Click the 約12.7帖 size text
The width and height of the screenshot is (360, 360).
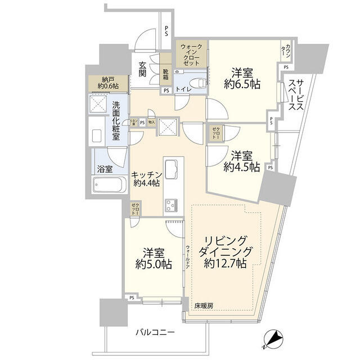[x=225, y=263]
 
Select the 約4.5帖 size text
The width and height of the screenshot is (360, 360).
[x=241, y=167]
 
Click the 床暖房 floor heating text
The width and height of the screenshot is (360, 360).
[x=204, y=305]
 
